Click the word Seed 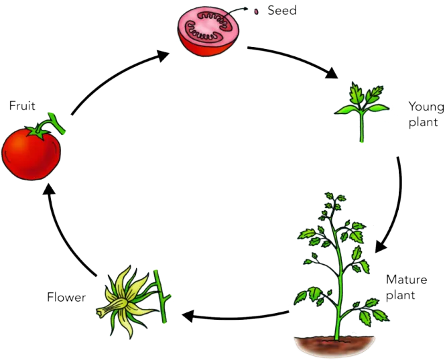[x=282, y=11]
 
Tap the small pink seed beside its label [x=256, y=11]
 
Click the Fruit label [x=22, y=106]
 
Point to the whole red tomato [x=31, y=154]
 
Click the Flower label [x=66, y=297]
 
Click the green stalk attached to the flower [x=161, y=297]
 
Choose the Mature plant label [x=406, y=288]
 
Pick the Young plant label [x=426, y=115]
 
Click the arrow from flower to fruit [x=62, y=233]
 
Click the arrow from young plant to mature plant [x=399, y=204]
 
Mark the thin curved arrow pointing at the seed [x=236, y=11]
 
